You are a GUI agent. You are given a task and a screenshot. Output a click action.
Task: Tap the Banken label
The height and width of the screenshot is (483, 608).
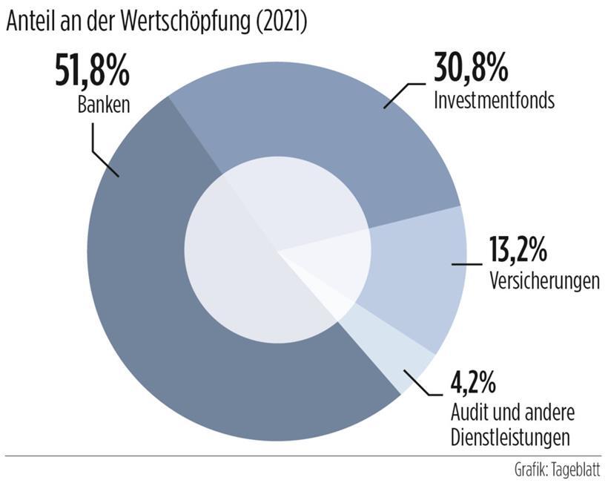pos(104,105)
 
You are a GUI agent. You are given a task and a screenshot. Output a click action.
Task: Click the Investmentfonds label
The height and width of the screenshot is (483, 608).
pos(494,101)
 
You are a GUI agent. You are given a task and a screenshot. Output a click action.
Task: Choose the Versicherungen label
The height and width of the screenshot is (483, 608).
pos(544,283)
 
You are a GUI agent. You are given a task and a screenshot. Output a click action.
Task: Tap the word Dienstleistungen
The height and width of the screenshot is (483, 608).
pos(512,436)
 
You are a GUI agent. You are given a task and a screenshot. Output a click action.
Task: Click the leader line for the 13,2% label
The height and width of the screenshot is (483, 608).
pos(467,263)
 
